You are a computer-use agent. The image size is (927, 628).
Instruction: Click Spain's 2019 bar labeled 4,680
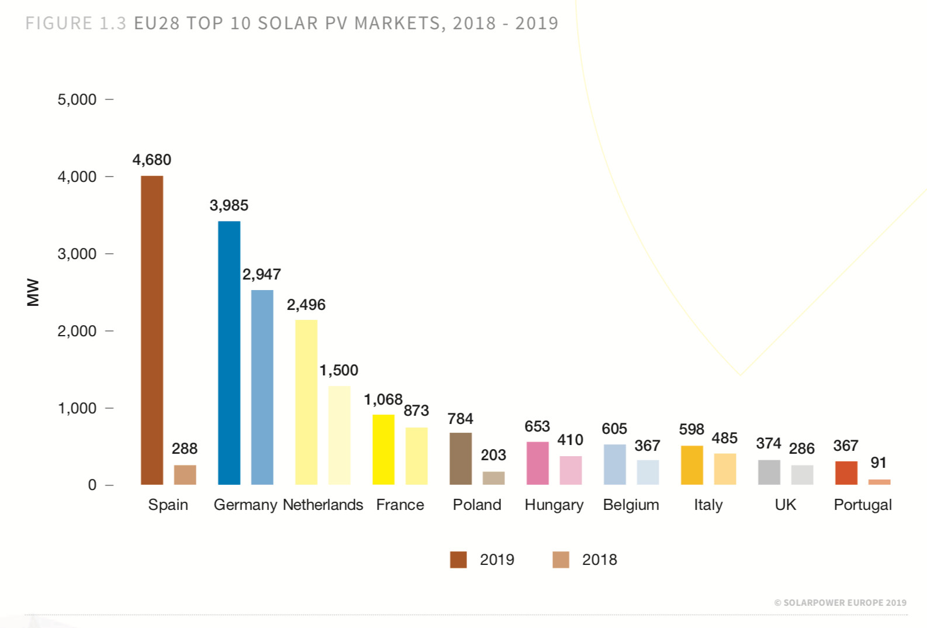[152, 330]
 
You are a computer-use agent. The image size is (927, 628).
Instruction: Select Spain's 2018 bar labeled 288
[185, 475]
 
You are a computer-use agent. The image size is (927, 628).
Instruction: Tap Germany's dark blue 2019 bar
[229, 353]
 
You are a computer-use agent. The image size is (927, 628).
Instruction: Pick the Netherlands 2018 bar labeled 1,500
[339, 435]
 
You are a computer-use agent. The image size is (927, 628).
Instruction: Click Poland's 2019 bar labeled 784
[461, 458]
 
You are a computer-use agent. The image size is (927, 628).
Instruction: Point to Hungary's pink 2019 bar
[538, 463]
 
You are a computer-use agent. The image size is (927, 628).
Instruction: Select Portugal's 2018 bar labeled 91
[879, 482]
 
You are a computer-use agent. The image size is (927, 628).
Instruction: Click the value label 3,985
[229, 205]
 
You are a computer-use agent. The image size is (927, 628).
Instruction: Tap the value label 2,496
[306, 305]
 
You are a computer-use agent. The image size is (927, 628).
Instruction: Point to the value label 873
[416, 410]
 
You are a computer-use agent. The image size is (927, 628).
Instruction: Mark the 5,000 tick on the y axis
[77, 99]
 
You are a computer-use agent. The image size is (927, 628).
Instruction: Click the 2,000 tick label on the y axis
[77, 331]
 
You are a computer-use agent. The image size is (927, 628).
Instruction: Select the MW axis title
[33, 292]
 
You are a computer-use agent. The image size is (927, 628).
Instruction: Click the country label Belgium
[631, 505]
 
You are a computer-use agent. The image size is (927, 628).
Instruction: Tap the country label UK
[785, 505]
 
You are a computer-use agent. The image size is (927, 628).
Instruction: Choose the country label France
[400, 505]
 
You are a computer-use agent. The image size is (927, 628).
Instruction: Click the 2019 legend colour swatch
[458, 560]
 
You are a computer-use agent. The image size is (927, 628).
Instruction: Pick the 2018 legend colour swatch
[561, 560]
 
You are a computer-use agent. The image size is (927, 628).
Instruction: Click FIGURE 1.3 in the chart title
[76, 23]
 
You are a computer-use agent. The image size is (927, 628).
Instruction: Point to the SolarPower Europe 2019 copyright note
[840, 603]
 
